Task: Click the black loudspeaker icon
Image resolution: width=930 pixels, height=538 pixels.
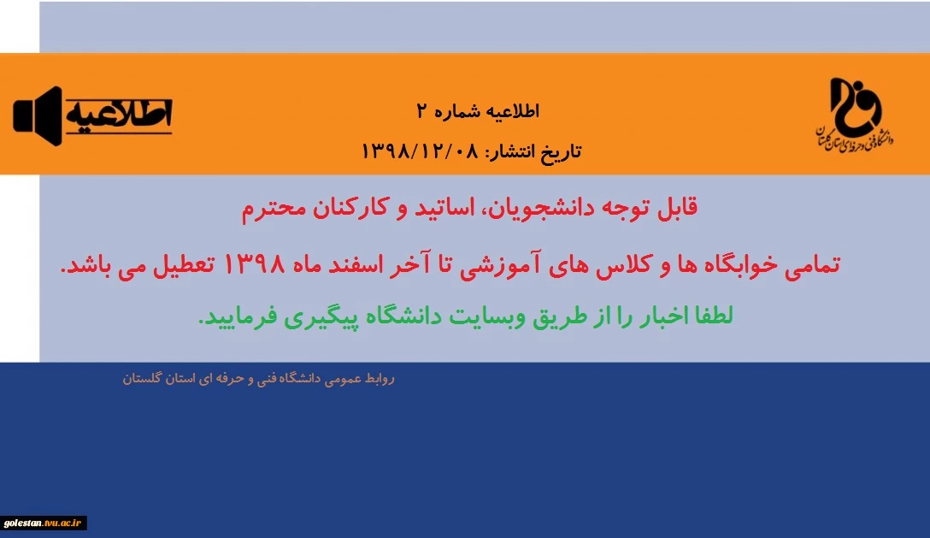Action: pos(38,115)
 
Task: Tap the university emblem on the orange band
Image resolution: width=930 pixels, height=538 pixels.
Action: pos(855,114)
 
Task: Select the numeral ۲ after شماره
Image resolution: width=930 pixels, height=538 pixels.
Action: pos(422,111)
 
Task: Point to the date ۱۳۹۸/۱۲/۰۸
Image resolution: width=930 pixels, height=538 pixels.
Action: pos(420,151)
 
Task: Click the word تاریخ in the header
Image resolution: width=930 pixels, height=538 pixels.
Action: pos(562,152)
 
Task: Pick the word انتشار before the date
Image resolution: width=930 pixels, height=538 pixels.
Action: pos(510,152)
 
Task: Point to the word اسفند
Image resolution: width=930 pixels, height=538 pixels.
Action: pos(356,264)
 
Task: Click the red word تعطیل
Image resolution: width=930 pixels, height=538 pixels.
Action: pos(185,264)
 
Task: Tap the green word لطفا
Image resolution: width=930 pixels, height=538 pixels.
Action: pos(712,316)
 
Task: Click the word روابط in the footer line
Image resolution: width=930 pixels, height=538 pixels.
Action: pos(380,378)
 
